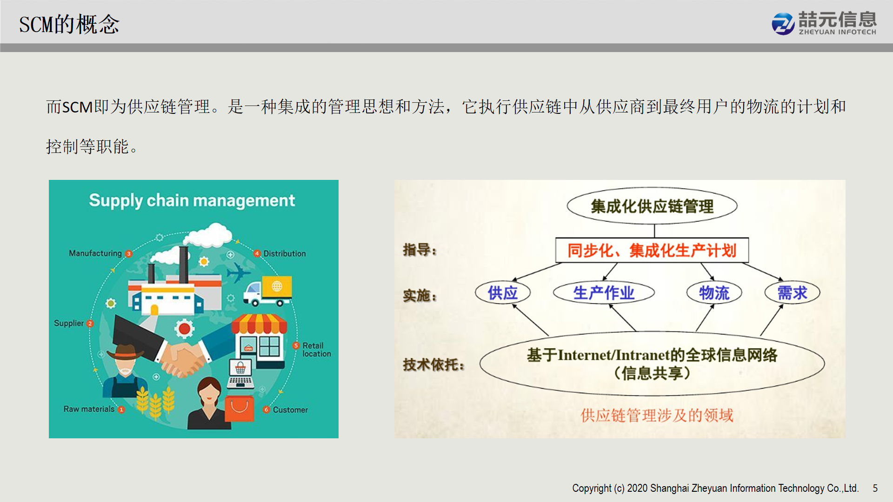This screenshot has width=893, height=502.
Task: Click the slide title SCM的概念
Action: [x=69, y=24]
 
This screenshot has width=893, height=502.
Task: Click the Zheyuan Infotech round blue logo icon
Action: [x=783, y=24]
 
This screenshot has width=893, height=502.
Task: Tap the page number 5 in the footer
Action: [x=875, y=488]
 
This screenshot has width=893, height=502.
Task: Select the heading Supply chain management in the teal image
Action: [x=192, y=200]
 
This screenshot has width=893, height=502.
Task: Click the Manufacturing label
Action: [x=95, y=253]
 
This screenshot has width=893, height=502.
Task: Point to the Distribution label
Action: [x=285, y=254]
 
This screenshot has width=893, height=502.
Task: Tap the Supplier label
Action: [x=69, y=323]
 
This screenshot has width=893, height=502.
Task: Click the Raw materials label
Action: [x=89, y=409]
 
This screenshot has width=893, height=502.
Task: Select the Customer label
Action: [x=290, y=410]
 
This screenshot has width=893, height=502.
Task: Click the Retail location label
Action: [x=317, y=350]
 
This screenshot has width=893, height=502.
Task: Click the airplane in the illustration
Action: [x=238, y=272]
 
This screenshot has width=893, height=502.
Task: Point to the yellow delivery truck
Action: [x=267, y=291]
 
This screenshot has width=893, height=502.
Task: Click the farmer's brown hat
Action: [x=125, y=352]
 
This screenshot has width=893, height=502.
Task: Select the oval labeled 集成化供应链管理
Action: [x=652, y=206]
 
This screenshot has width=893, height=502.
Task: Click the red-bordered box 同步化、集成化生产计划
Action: [x=652, y=251]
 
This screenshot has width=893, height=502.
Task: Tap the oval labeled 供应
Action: [x=503, y=293]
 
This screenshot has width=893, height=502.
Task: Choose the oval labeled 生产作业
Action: [x=604, y=293]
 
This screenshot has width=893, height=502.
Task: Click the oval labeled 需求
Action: [x=793, y=293]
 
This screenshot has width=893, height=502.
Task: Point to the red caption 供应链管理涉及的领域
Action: [x=657, y=415]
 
